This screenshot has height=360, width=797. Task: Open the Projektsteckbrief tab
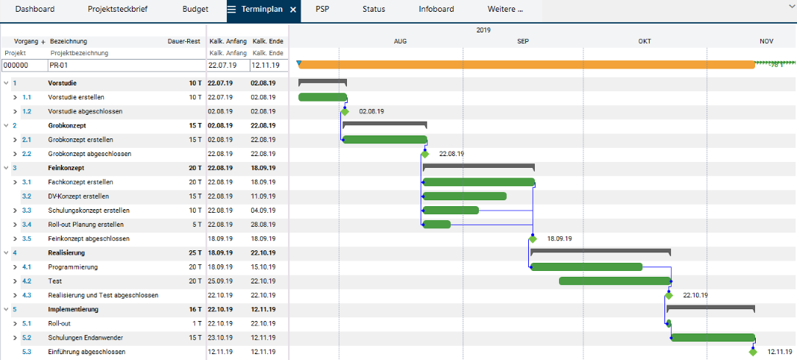(x=117, y=9)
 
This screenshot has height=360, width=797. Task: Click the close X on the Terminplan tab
(x=292, y=10)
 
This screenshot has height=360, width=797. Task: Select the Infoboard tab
(x=436, y=9)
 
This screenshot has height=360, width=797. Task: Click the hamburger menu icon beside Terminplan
(x=231, y=9)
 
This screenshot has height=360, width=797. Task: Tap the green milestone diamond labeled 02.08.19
(x=345, y=111)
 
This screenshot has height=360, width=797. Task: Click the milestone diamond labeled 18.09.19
(x=532, y=239)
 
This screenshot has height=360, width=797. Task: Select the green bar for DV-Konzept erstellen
(x=465, y=196)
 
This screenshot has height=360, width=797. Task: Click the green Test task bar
(x=615, y=280)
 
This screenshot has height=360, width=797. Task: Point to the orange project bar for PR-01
(x=527, y=65)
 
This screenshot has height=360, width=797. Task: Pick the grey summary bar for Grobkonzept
(x=385, y=124)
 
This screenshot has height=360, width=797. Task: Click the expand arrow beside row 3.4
(x=15, y=225)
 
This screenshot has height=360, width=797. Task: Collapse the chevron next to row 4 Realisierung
(x=6, y=253)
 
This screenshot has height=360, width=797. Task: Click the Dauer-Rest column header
(x=183, y=42)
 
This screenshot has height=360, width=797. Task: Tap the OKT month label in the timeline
(x=645, y=42)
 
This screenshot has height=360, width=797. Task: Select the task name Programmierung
(x=73, y=267)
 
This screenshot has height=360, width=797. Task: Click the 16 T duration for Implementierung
(x=195, y=309)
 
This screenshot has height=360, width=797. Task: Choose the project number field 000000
(x=24, y=65)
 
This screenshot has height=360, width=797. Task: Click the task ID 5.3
(x=27, y=351)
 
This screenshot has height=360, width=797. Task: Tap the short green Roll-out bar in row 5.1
(x=669, y=323)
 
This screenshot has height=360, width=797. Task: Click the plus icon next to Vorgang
(x=43, y=42)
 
